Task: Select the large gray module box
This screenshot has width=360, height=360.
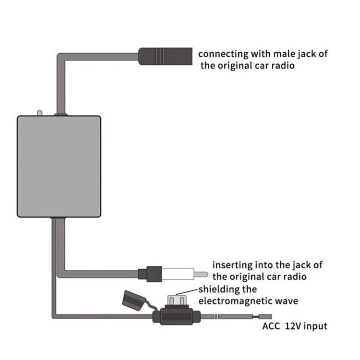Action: (x=60, y=166)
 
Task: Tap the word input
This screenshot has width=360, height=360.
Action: (x=317, y=326)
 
